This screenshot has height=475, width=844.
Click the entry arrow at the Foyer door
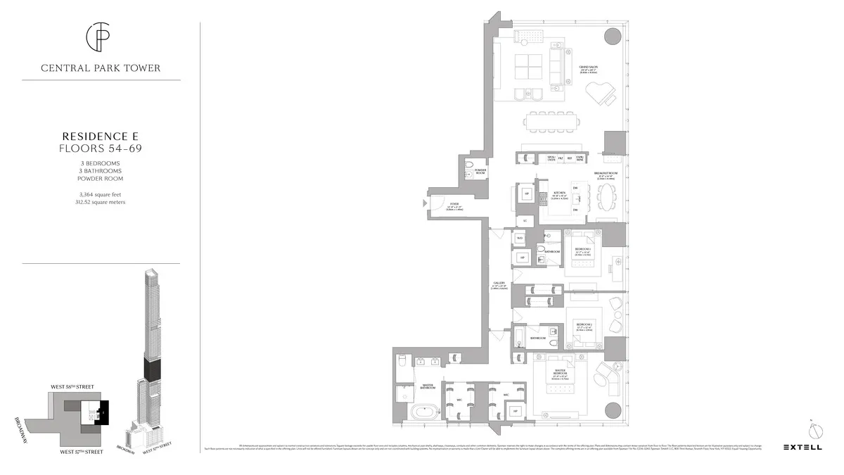(x=423, y=203)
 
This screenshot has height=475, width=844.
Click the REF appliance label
(x=570, y=158)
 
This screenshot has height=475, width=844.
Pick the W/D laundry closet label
(x=520, y=239)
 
